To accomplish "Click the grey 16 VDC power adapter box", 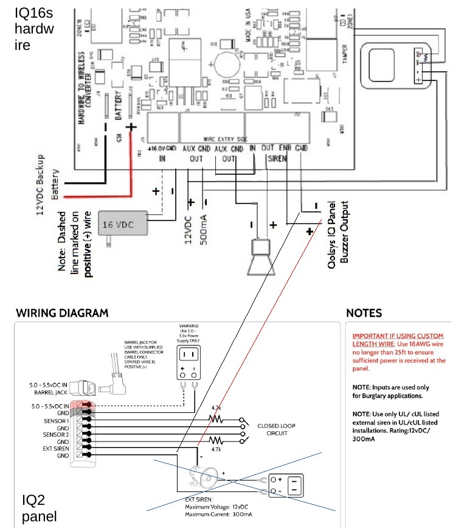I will point(124,224).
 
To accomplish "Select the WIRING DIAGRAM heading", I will point(62,314).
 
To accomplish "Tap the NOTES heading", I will point(364,314).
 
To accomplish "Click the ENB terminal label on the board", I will point(285,148).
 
